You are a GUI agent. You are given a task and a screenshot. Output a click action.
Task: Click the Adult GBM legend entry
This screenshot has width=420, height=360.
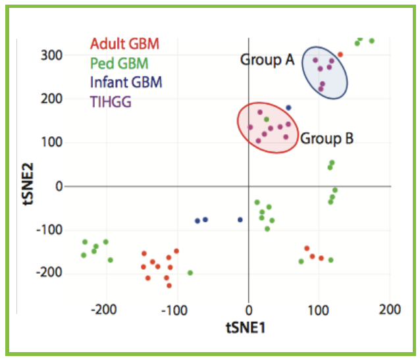coord(124,45)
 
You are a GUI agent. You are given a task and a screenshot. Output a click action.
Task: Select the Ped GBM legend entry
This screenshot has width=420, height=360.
coord(119,64)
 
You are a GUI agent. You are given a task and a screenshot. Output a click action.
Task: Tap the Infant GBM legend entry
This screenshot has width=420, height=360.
coord(126,82)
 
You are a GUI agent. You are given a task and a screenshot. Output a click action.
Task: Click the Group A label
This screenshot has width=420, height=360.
coord(266,61)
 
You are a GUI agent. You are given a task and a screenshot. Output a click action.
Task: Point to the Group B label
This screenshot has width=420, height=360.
coord(327,139)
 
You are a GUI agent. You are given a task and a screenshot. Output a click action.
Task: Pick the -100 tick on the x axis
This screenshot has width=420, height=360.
coord(176,309)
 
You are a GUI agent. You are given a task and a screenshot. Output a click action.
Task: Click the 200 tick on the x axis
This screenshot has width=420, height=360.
coord(390,309)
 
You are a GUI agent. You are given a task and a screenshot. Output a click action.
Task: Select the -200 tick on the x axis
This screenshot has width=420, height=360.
coord(105,309)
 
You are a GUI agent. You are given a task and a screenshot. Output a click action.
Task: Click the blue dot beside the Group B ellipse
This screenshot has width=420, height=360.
coord(288,107)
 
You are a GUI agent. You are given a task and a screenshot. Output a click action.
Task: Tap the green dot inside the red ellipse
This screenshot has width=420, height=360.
coord(267,119)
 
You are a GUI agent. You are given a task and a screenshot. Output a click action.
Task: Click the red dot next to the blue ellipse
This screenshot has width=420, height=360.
coord(340,55)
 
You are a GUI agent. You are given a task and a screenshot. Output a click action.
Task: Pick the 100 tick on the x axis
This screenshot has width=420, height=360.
coord(319,309)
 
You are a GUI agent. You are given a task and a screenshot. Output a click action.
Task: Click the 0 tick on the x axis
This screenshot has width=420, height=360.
coord(248,309)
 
